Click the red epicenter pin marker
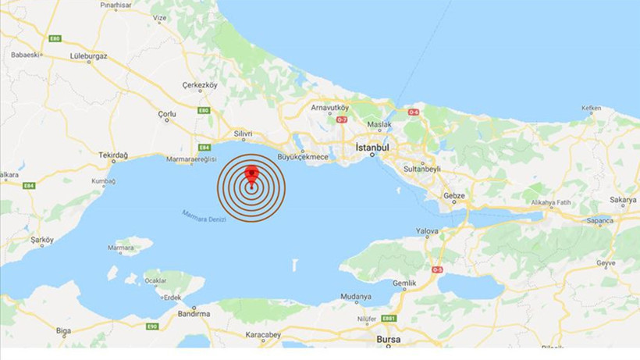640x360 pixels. (x=251, y=174)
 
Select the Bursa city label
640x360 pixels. (x=388, y=340)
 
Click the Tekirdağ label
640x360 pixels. (x=113, y=155)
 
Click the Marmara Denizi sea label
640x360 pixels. (x=204, y=216)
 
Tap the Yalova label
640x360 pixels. (x=427, y=231)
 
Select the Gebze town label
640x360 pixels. (x=453, y=195)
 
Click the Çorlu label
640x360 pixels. (x=167, y=114)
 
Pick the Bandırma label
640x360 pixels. (x=172, y=313)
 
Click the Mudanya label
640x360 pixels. (x=356, y=297)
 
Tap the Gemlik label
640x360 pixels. (x=404, y=283)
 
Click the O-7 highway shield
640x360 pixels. (x=341, y=119)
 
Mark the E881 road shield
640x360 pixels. (x=389, y=318)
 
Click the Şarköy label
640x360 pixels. (x=41, y=240)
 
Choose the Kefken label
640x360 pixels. (x=591, y=109)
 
